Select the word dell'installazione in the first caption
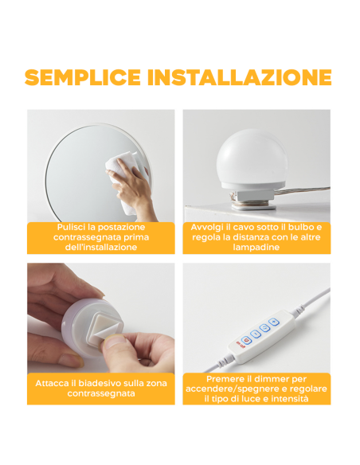[x=100, y=248]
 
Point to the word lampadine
[x=256, y=248]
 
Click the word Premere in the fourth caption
[x=225, y=378]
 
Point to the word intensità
[x=284, y=399]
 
